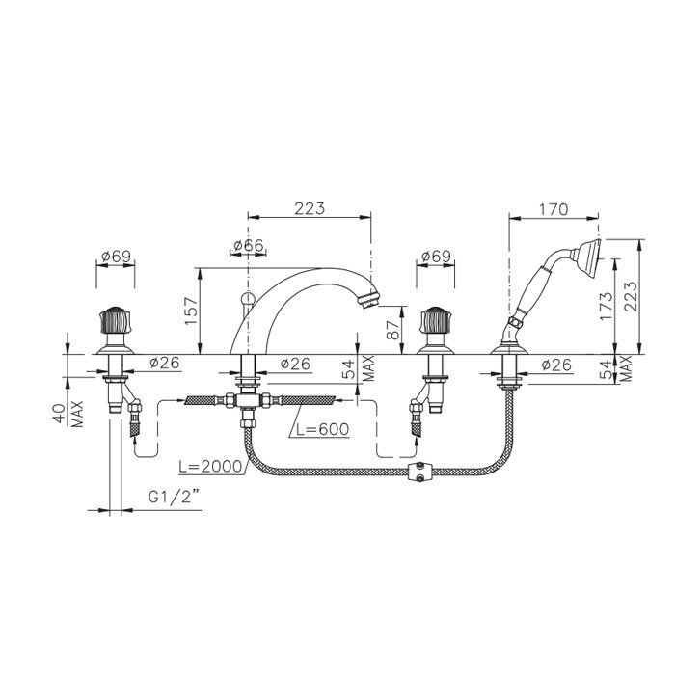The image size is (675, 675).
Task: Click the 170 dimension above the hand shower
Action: tap(553, 209)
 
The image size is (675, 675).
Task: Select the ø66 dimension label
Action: tap(249, 245)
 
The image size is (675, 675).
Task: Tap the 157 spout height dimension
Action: tap(191, 310)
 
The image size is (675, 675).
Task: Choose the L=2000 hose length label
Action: tap(210, 467)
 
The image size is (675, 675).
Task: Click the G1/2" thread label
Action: tap(174, 498)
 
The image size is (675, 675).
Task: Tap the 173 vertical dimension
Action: tap(606, 306)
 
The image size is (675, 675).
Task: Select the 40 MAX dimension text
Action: tap(68, 414)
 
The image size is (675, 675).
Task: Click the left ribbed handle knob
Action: tap(115, 320)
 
